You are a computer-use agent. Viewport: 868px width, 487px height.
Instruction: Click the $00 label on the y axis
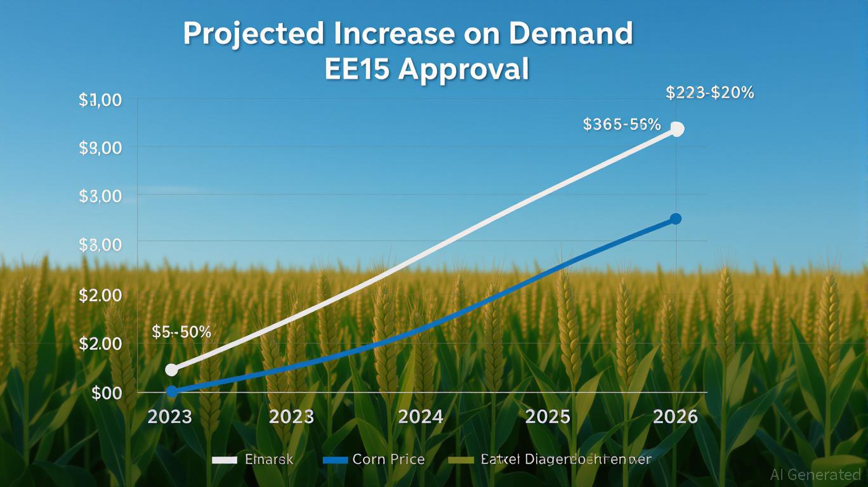106,393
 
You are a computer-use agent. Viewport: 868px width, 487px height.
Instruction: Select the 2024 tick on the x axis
420,417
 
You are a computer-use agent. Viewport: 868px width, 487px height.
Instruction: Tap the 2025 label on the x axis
548,417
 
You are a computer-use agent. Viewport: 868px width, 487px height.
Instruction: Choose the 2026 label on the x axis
675,417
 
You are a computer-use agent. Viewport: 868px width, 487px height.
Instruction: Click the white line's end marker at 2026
677,129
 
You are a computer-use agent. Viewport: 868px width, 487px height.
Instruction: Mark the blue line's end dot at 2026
676,219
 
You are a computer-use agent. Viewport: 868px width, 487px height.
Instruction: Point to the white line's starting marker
171,370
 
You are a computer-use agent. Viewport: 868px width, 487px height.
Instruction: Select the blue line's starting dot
172,391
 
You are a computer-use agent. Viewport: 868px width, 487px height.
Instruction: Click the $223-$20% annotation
710,93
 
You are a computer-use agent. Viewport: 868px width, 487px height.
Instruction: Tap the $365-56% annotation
621,124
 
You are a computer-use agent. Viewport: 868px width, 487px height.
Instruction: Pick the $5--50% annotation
181,332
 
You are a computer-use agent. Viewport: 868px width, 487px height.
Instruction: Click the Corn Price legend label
388,460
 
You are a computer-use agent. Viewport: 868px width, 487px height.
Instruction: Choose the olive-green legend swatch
461,460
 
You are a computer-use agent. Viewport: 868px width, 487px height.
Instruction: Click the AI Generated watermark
815,474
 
